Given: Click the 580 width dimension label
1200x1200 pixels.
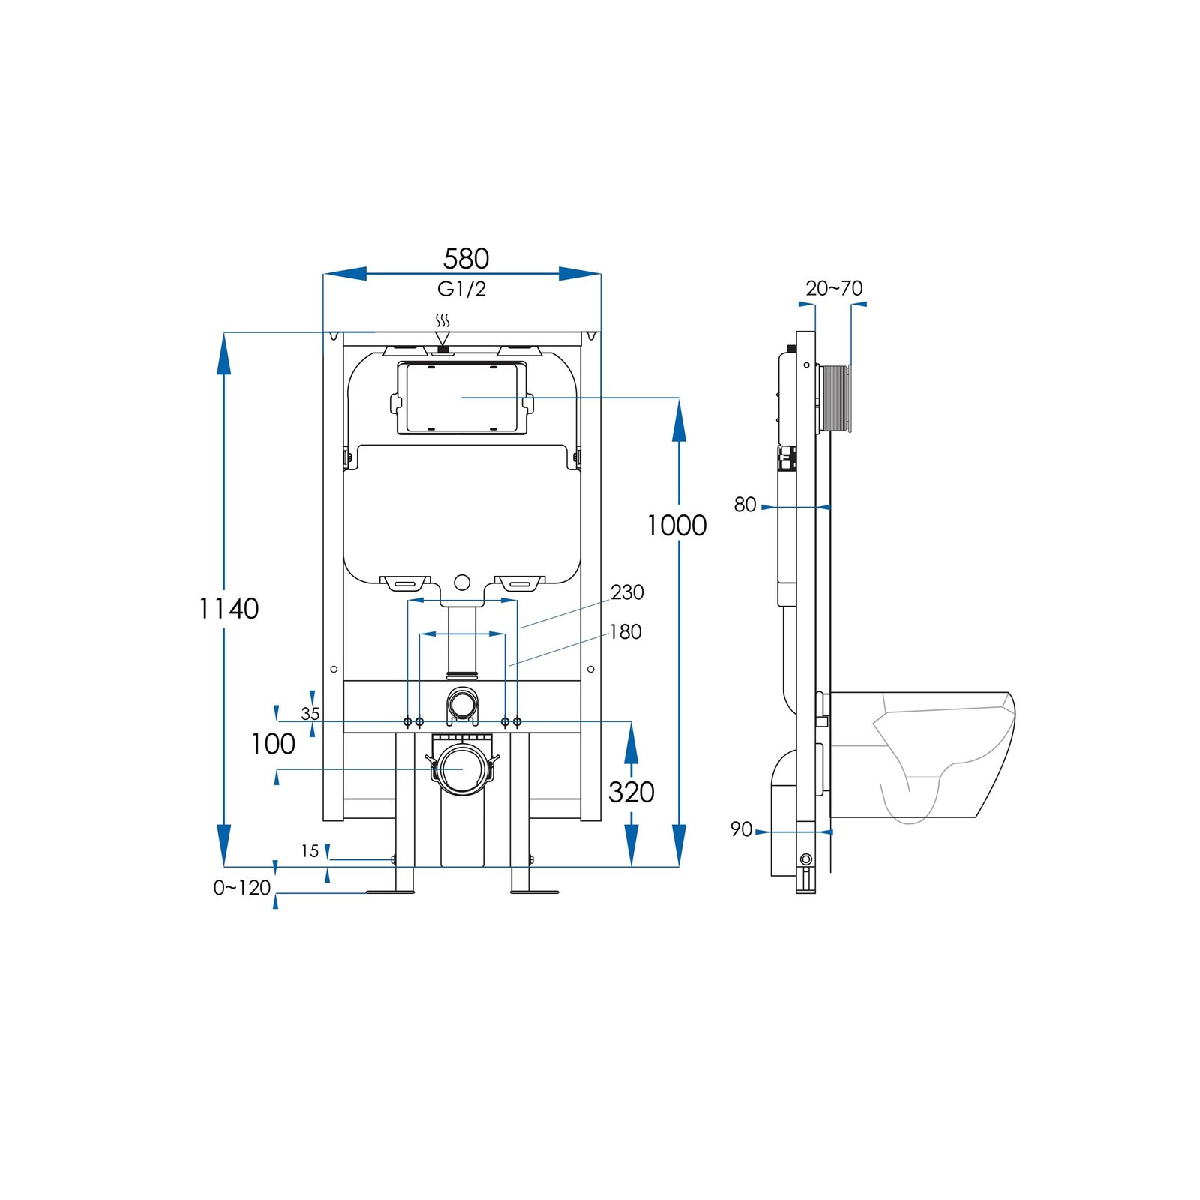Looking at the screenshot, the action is (466, 259).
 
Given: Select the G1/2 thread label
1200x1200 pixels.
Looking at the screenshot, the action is (461, 289).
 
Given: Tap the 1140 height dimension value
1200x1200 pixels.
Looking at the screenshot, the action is (229, 608).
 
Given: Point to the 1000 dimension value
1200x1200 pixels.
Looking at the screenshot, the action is (676, 526).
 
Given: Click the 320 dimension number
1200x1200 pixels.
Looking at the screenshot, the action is (631, 792).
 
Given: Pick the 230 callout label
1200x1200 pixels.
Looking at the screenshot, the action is (627, 592).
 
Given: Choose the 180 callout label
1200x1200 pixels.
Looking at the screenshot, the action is (625, 632).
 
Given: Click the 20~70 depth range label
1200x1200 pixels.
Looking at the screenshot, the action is (834, 288).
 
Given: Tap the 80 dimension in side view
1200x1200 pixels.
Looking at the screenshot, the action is (745, 505).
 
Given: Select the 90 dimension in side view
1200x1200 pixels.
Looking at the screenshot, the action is (741, 829).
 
